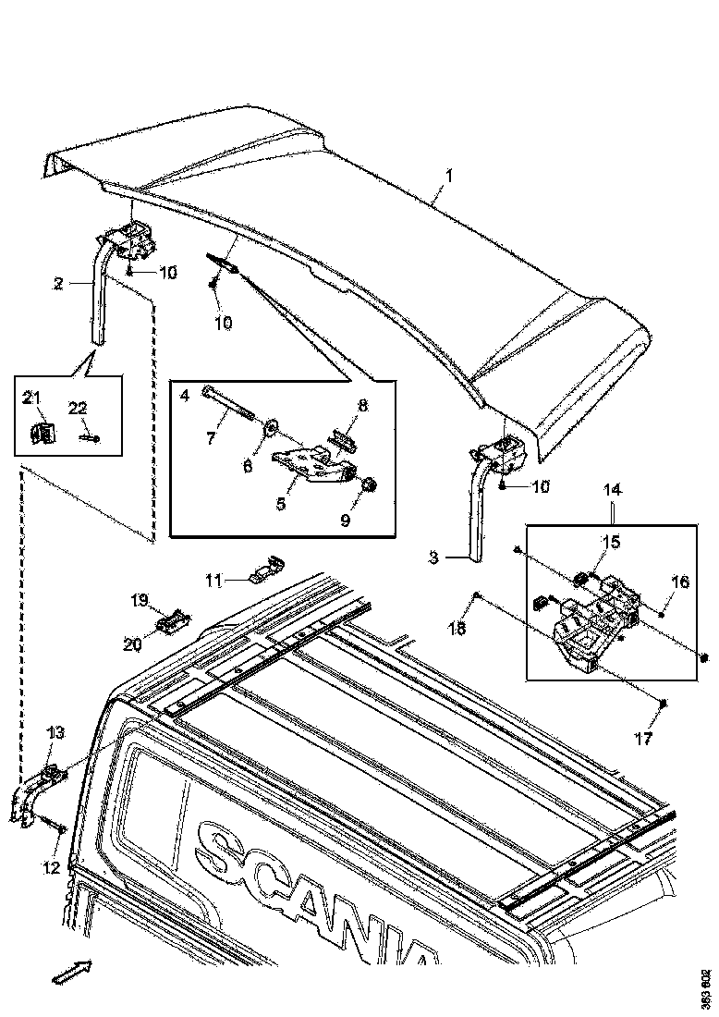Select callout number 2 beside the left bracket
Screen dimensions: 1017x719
(58, 284)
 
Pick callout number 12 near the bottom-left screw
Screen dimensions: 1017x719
(51, 866)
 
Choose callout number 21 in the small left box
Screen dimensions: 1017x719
(32, 398)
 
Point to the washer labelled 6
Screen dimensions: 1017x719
(273, 427)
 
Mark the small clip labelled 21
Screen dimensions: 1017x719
(40, 432)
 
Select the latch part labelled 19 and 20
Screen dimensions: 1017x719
(173, 622)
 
